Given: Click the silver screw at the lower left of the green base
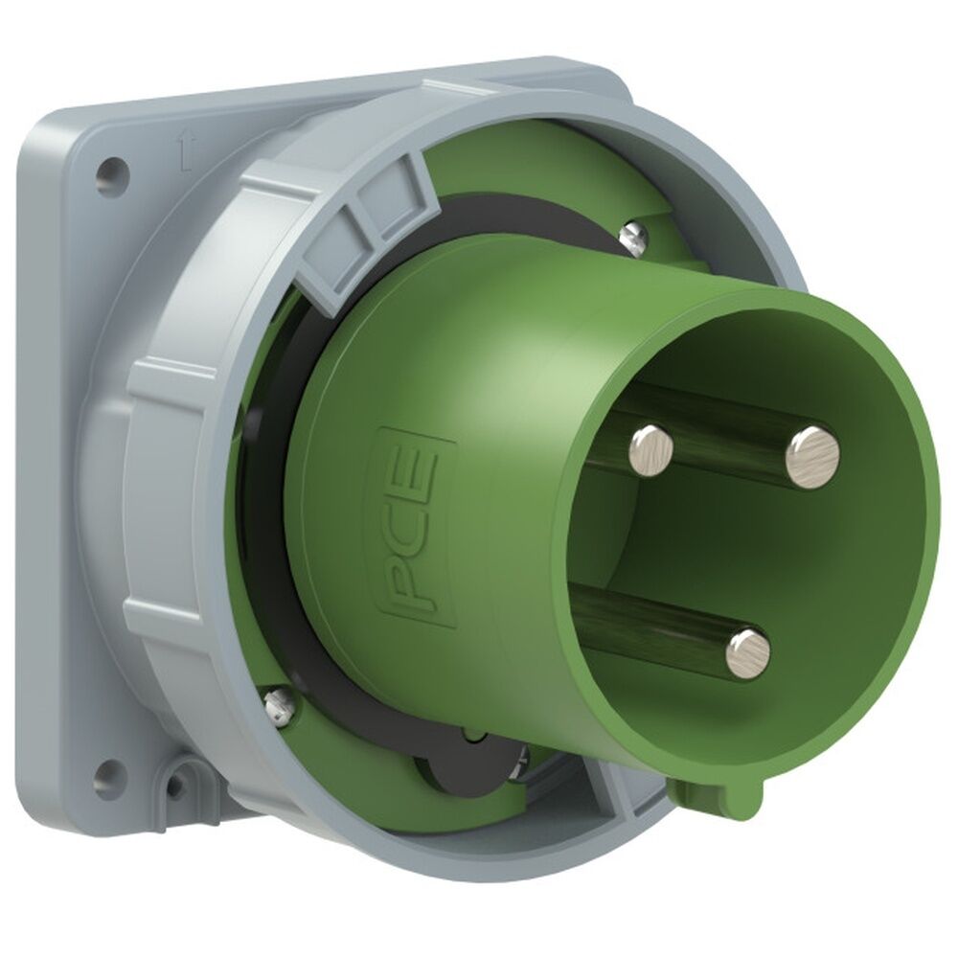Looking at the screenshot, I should (277, 706).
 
